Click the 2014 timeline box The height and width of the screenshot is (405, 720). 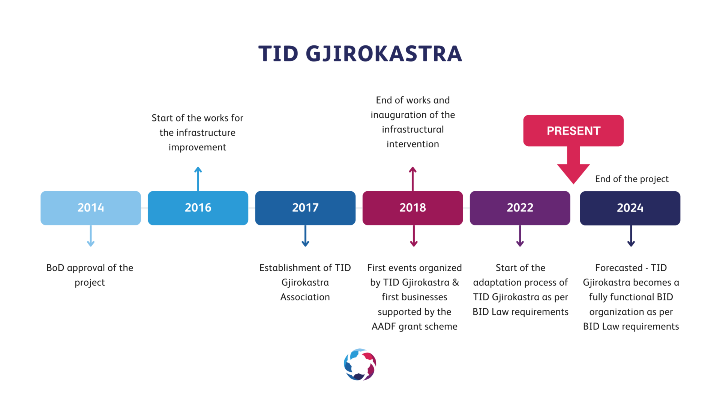[91, 208]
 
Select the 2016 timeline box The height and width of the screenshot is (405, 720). [198, 208]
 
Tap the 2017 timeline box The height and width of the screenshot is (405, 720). [305, 208]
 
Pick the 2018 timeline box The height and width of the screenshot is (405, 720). [412, 208]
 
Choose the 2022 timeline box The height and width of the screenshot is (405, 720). [520, 208]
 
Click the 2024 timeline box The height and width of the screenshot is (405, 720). [630, 208]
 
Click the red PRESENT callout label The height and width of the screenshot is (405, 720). [573, 130]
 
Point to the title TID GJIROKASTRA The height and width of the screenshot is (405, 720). [360, 54]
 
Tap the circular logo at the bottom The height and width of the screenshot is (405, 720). [360, 364]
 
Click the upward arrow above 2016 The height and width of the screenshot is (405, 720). [198, 179]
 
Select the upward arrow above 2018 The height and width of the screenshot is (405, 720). [413, 179]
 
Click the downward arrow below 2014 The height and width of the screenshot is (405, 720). [91, 236]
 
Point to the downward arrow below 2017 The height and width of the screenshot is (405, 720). [305, 236]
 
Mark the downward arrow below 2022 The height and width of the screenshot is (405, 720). [520, 236]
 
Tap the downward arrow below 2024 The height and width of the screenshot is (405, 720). [631, 236]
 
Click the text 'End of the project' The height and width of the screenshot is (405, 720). [632, 179]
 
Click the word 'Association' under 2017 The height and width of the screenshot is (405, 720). [305, 297]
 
